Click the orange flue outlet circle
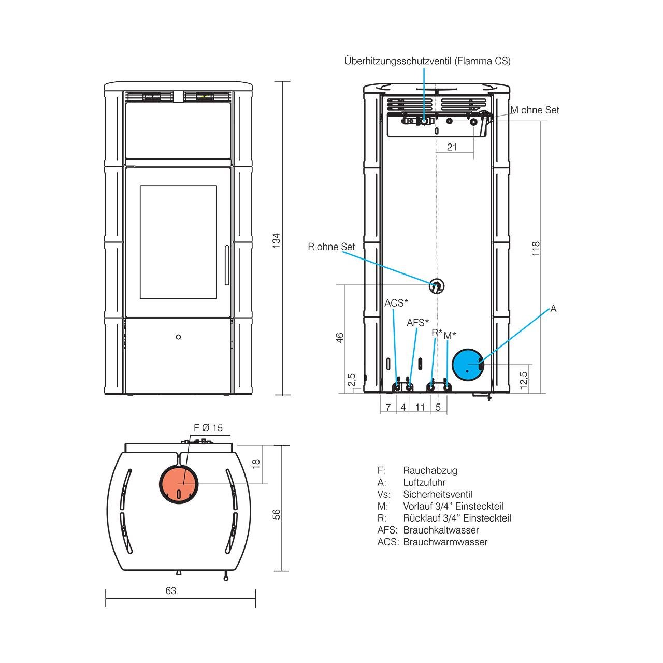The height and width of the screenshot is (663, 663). pos(179,484)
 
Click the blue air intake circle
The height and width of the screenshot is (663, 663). pos(468,364)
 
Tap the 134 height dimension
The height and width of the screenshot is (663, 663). pos(276,240)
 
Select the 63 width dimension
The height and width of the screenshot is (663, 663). pos(170,591)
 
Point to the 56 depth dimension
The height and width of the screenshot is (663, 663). pos(276,514)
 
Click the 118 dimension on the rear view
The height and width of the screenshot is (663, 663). pos(536,249)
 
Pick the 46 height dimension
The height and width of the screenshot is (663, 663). pos(340,338)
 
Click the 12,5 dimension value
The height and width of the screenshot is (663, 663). pos(523,380)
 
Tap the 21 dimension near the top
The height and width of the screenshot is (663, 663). pos(452,147)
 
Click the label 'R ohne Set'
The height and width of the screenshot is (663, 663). pos(331,247)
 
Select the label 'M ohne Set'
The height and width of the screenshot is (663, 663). pos(535,110)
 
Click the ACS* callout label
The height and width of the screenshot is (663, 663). pos(396,303)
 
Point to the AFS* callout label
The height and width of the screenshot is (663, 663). pos(417,323)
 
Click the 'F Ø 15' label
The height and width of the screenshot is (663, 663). pos(208,428)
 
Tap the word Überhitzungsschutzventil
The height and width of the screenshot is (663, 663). pos(398,61)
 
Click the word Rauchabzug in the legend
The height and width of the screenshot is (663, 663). pos(430,470)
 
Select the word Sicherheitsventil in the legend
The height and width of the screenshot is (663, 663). pos(438,495)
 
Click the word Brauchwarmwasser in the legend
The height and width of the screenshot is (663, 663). pos(445,542)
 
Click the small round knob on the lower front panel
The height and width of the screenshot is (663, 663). pos(178,337)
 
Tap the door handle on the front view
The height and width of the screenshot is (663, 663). pos(227,265)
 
